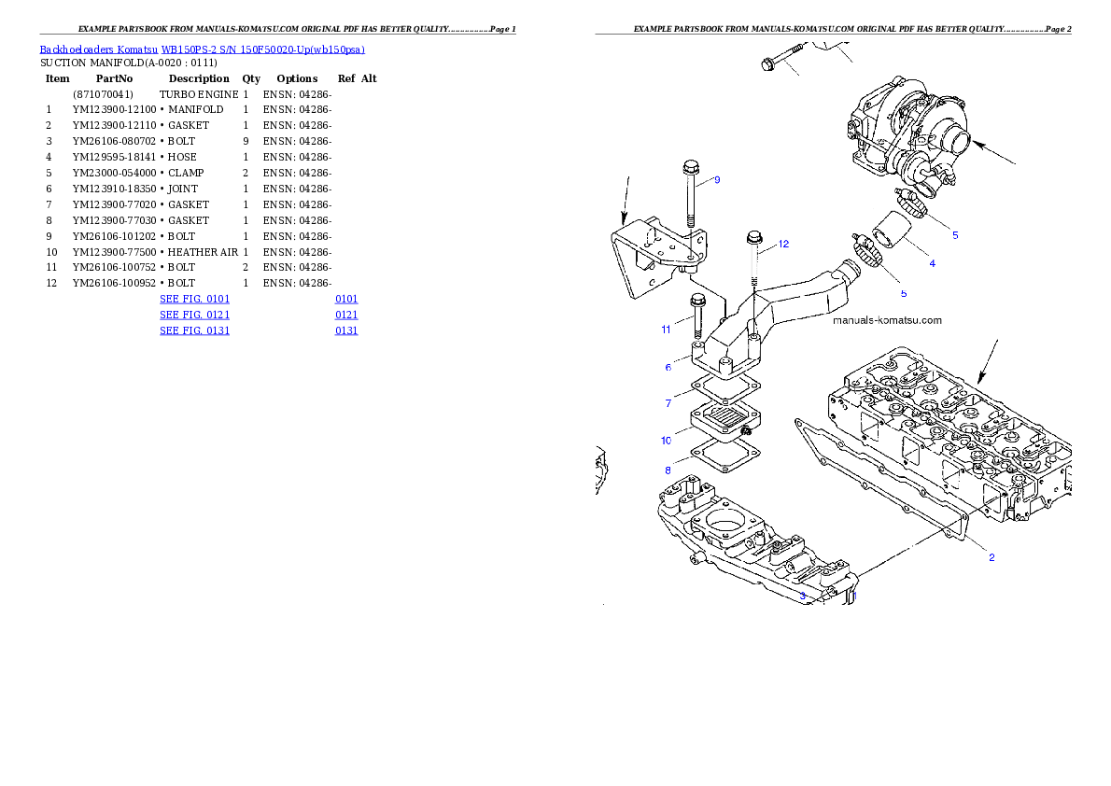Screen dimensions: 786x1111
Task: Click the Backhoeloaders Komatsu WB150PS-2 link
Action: (x=202, y=49)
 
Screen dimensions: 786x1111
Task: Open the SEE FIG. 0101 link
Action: (x=194, y=300)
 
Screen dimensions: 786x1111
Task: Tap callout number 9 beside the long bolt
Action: (x=717, y=180)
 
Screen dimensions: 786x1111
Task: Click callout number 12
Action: (x=783, y=245)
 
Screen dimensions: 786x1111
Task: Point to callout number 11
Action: (x=666, y=330)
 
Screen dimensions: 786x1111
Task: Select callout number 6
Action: (x=668, y=368)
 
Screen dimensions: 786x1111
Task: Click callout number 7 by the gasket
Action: (x=668, y=404)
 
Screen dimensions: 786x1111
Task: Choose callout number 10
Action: (x=666, y=441)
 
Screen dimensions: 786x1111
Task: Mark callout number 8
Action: (x=668, y=470)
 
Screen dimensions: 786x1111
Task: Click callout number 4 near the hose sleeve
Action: (x=932, y=264)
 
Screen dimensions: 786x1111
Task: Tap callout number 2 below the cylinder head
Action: (x=991, y=558)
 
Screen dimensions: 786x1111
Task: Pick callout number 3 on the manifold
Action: (x=802, y=595)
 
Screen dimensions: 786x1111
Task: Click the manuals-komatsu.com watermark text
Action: (x=887, y=320)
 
